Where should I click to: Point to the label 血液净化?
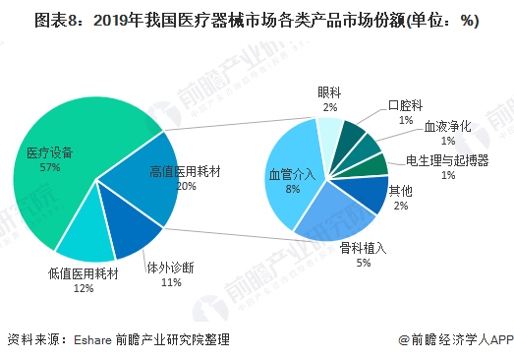[448, 127]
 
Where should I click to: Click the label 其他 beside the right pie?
[400, 191]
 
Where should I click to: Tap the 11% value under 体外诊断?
[171, 282]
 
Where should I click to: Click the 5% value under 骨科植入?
[363, 263]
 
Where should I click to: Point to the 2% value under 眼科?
[330, 106]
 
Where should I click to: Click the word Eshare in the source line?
[94, 339]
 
